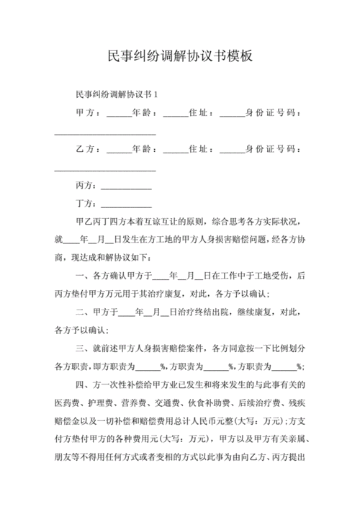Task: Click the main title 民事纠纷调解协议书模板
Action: coord(180,55)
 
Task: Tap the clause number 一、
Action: coord(81,276)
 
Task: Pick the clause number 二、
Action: coord(81,312)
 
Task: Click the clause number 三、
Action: coord(81,349)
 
